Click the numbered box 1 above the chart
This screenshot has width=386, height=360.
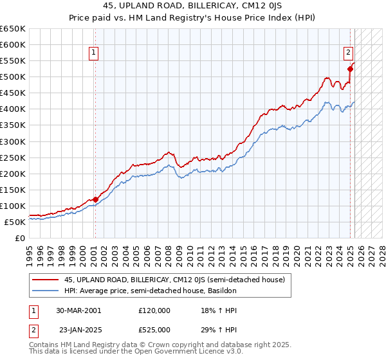(94, 53)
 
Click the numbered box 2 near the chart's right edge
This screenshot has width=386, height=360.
(348, 53)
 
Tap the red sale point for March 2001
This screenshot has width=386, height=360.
(95, 199)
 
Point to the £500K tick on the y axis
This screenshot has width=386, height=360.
(14, 77)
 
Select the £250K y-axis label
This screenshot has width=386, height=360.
(14, 157)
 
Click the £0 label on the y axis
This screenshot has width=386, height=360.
(19, 238)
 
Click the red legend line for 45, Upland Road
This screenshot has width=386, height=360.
(45, 279)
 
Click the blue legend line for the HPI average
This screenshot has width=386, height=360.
(45, 291)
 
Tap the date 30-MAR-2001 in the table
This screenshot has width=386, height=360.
(78, 310)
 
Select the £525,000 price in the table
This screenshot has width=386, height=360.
(154, 330)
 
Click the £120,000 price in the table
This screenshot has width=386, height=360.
(154, 310)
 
